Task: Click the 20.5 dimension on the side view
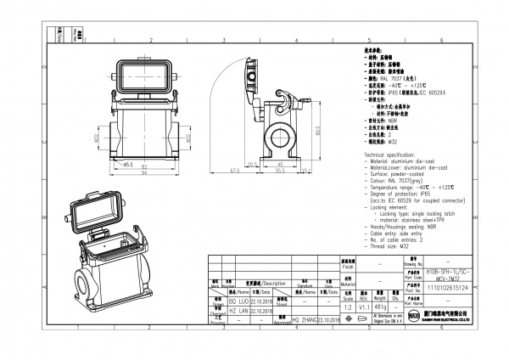point(252,165)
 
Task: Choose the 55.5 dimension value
point(277,171)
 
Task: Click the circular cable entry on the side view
point(278,137)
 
